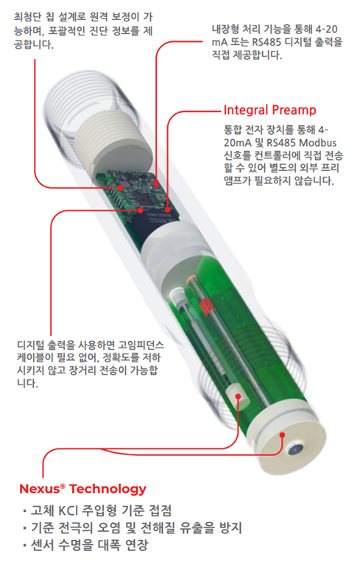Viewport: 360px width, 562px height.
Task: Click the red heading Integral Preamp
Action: coord(269,110)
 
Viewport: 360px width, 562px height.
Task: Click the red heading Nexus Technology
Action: coord(82,488)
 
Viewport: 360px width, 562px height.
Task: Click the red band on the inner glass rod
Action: coord(205,306)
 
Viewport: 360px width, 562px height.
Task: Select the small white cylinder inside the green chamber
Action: coord(238,397)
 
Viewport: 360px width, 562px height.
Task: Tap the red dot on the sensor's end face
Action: coord(282,435)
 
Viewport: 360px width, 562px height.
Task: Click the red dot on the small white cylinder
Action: coord(238,396)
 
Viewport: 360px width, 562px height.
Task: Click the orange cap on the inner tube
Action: coord(191,278)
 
